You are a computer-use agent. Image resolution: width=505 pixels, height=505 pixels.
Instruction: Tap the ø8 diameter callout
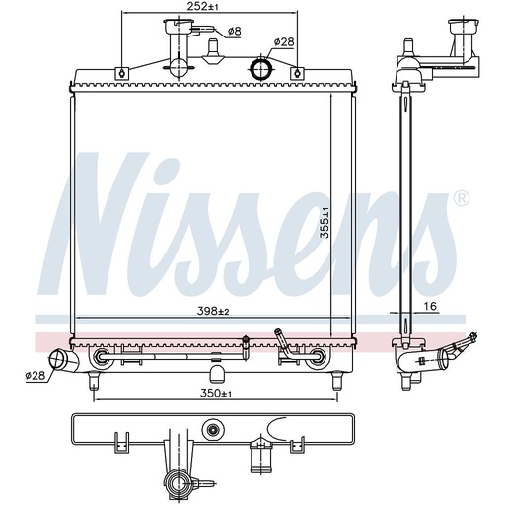[235, 32]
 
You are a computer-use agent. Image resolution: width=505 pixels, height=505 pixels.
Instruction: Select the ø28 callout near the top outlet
[284, 42]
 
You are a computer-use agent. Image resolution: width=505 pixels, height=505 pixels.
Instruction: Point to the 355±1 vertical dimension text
[325, 222]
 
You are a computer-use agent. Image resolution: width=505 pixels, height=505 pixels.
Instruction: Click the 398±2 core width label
[213, 311]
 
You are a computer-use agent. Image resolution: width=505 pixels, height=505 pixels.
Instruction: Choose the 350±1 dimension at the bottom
[216, 394]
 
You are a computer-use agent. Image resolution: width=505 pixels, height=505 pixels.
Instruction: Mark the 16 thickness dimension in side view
[430, 306]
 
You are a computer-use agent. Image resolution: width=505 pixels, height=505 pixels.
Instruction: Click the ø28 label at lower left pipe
[35, 375]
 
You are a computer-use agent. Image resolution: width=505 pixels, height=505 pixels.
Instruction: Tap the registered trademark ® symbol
[461, 198]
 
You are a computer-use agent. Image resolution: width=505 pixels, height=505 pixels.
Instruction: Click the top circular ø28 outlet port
[261, 67]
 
